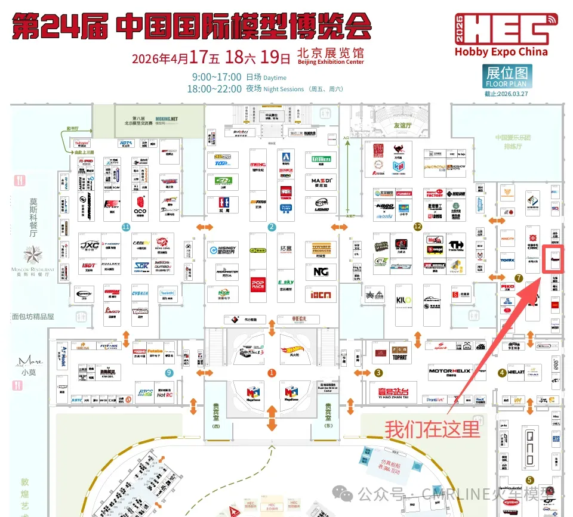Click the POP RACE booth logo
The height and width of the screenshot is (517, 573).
[x=258, y=283]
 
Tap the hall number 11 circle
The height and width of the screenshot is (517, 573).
[x=125, y=227]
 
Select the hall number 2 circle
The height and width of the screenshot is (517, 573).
[x=272, y=227]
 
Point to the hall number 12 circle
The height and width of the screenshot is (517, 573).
[x=417, y=226]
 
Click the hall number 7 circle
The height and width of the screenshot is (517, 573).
[x=519, y=278]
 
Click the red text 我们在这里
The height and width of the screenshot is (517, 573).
[x=432, y=429]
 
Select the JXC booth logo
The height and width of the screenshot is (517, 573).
[x=90, y=245]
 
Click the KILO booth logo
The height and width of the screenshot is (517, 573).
[x=403, y=299]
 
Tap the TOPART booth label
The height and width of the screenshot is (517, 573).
[x=399, y=358]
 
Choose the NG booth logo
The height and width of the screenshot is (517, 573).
[x=321, y=271]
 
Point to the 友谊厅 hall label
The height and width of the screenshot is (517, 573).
[x=403, y=126]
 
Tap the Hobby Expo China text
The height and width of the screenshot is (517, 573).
[x=501, y=52]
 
